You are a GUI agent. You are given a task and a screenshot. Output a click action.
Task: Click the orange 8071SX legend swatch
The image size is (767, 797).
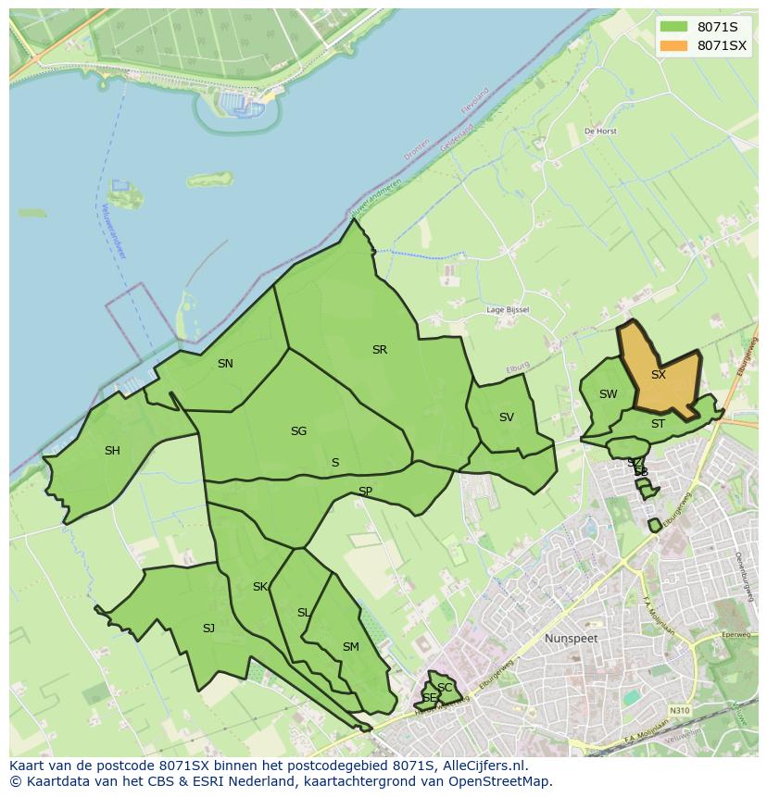[674, 45]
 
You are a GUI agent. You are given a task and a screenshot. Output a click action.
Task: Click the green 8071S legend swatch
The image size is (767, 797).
[674, 27]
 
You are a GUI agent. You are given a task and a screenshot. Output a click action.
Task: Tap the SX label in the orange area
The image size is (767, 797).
[658, 375]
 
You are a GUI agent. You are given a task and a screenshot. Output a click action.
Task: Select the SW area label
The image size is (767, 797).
[608, 394]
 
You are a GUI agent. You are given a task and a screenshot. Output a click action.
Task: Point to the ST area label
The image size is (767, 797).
[658, 424]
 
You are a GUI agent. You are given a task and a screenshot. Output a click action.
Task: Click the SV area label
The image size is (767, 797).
[506, 417]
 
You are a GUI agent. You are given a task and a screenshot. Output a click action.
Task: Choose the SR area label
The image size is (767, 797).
[379, 350]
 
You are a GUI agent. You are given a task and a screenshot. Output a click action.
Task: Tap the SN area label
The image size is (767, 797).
[225, 364]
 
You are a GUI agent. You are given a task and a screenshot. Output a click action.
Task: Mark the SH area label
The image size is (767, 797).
[112, 451]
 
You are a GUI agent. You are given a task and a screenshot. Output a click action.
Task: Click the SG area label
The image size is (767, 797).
[298, 431]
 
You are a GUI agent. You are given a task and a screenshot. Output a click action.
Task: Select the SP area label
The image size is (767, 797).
[365, 492]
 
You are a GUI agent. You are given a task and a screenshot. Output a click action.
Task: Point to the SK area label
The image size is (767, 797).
[260, 587]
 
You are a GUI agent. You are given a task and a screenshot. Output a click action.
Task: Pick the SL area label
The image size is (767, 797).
[304, 613]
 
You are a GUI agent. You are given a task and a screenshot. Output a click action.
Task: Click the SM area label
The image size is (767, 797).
[350, 647]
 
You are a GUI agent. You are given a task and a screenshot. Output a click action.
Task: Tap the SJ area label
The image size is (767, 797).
[208, 629]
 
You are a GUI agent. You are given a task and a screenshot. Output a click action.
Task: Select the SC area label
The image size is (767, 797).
[445, 688]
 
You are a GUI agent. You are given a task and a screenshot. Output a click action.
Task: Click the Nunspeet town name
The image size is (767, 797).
[572, 639]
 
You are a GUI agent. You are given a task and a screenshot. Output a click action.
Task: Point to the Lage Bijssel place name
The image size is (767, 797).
[508, 310]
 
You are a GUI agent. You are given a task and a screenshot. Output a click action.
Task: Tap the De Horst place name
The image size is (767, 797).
[600, 131]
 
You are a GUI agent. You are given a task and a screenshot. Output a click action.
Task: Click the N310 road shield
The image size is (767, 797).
[680, 710]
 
